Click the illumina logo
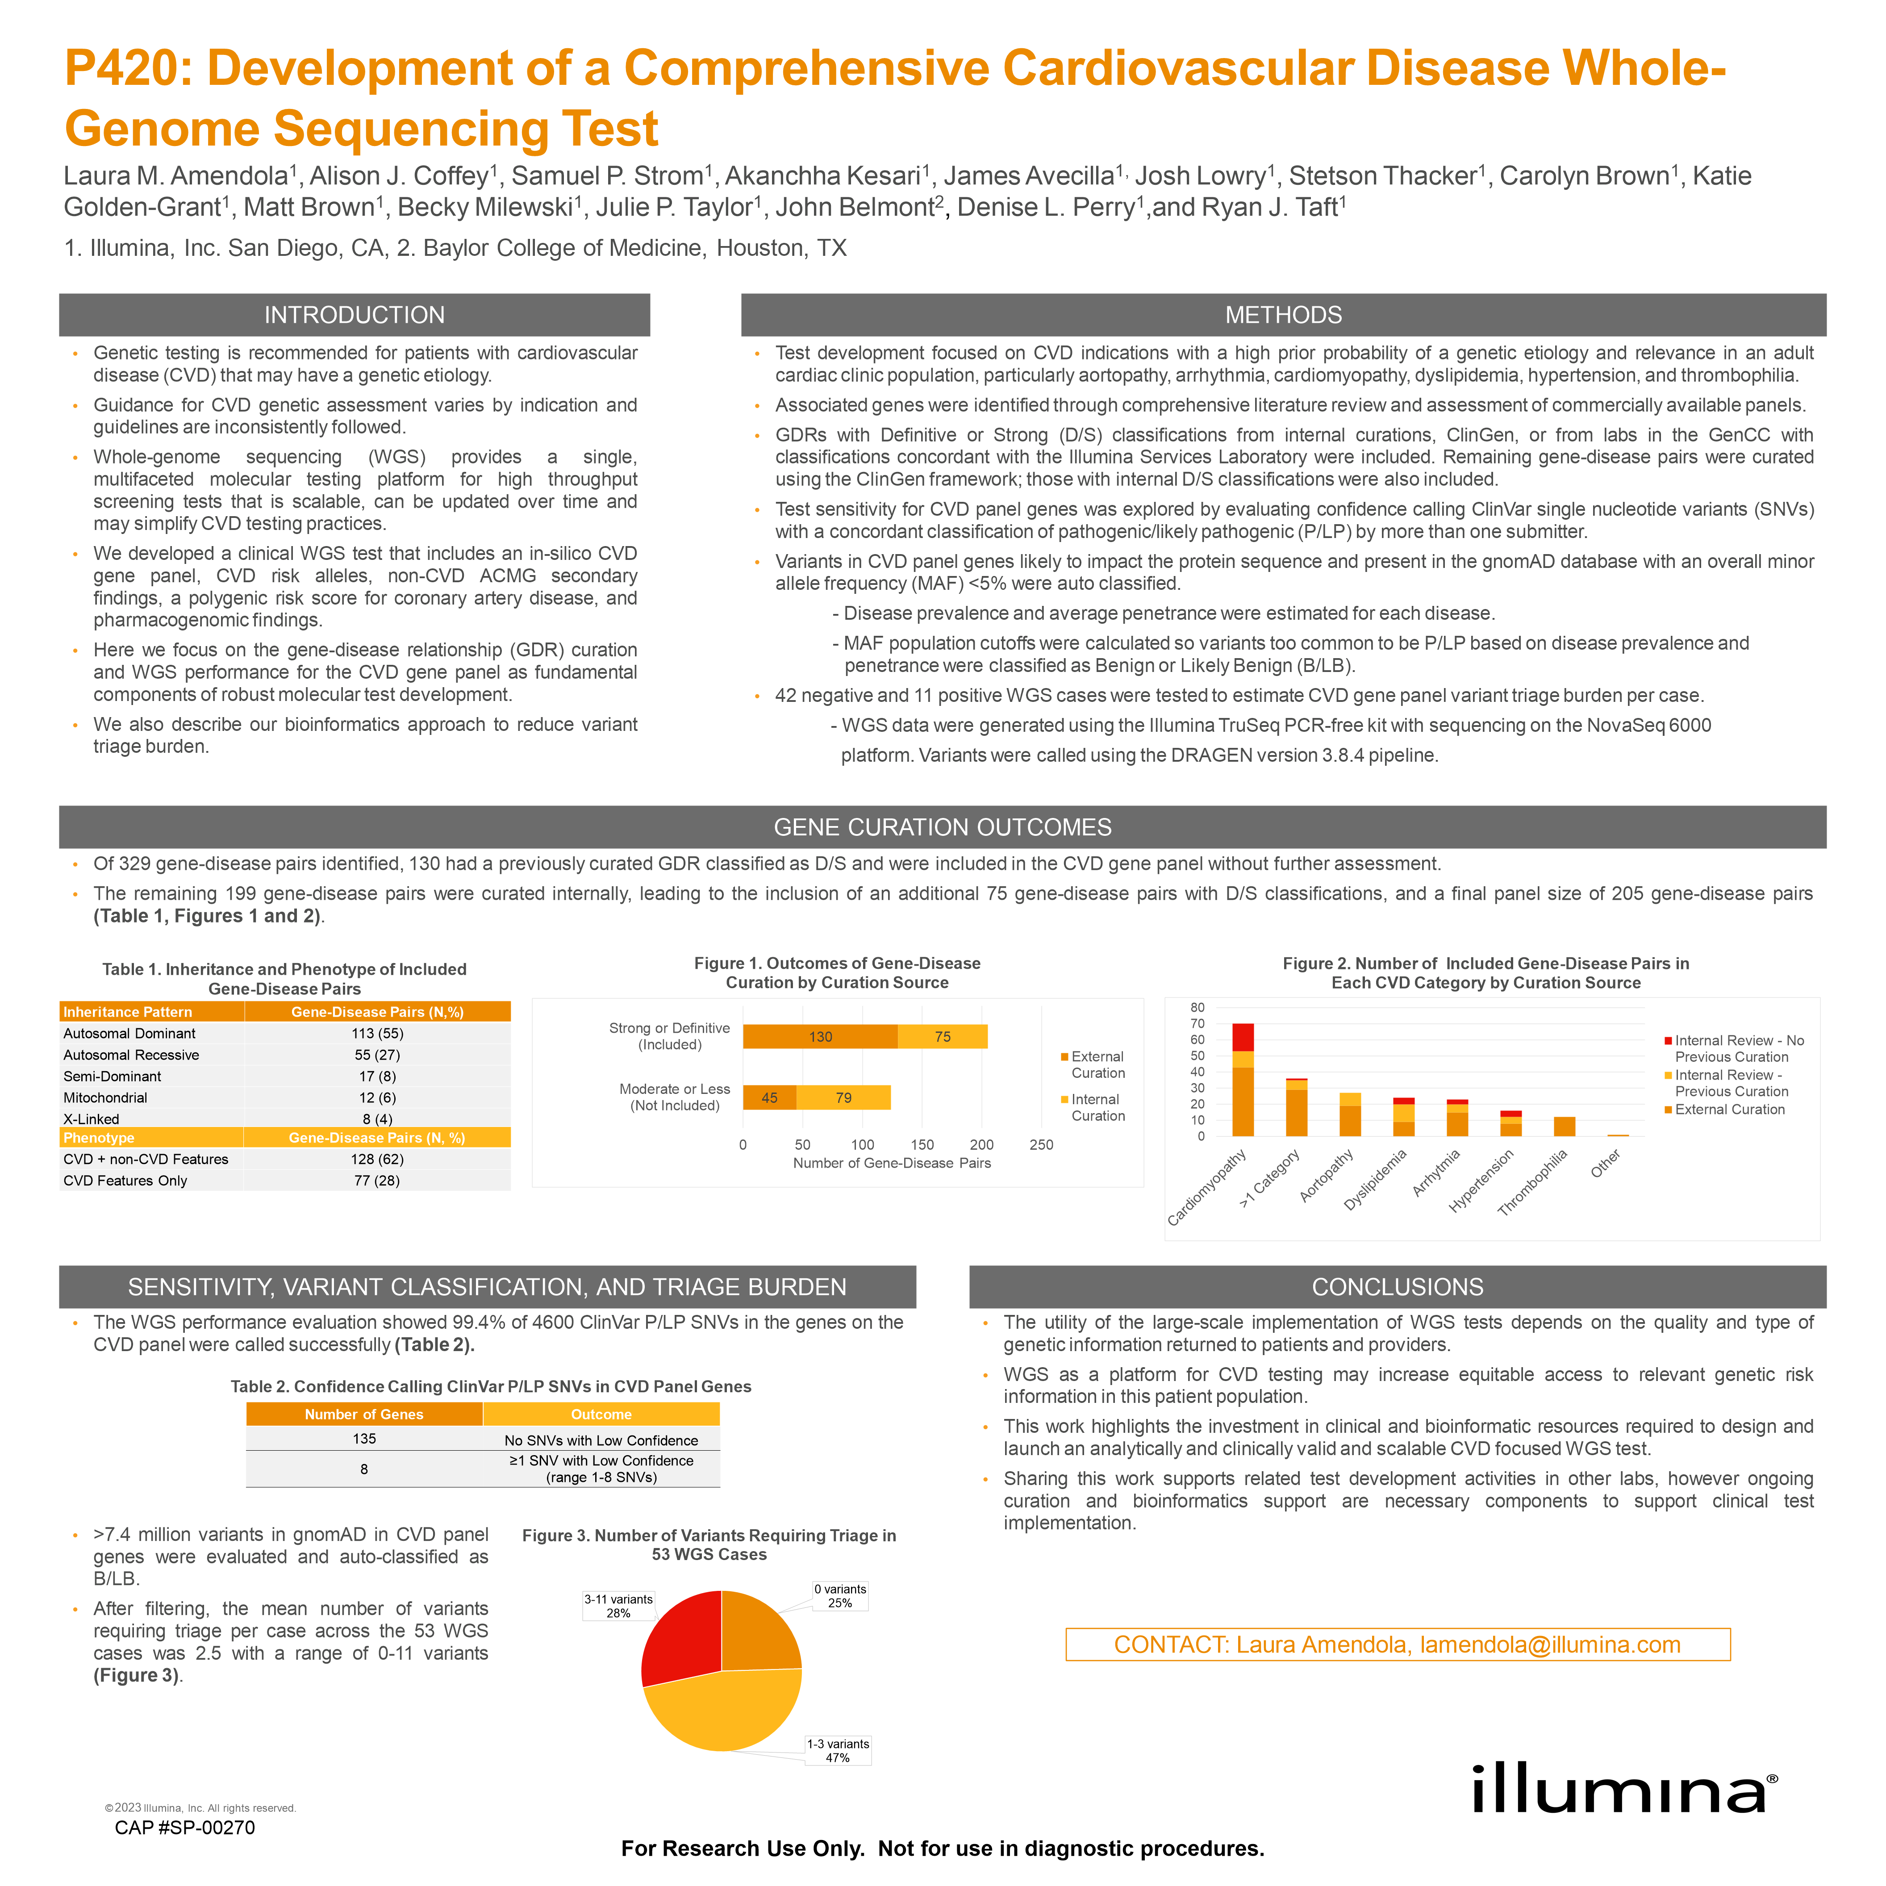1624,1790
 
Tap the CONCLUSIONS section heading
1397,1287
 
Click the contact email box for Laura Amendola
1397,1645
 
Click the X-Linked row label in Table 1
92,1119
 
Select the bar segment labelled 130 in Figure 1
820,1037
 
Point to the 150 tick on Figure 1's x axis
922,1145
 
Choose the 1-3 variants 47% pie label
838,1750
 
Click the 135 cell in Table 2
364,1439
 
